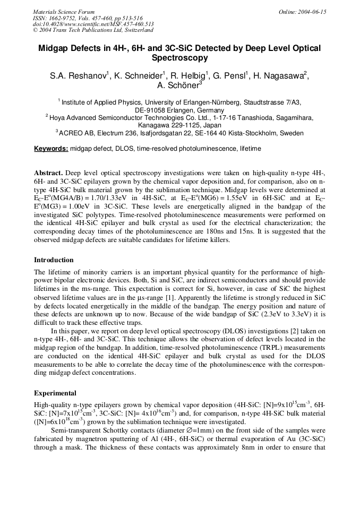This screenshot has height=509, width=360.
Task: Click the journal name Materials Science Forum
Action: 64,12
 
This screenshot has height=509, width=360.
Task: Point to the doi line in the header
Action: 93,23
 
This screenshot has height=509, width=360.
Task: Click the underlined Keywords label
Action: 51,149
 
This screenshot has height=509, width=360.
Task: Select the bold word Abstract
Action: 48,173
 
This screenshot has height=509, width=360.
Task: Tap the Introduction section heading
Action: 54,260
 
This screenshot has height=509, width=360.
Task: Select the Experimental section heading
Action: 55,393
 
